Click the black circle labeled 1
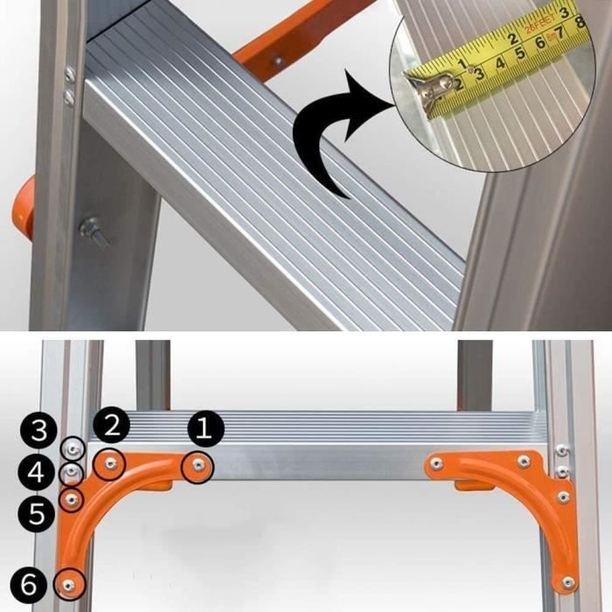click(x=206, y=428)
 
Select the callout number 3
click(x=37, y=430)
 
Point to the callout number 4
click(x=37, y=474)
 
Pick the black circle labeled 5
click(x=37, y=513)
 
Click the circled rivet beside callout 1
click(x=198, y=465)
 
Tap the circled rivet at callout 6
click(x=68, y=581)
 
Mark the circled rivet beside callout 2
click(x=110, y=463)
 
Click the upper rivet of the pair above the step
click(x=69, y=73)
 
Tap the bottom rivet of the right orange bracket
click(x=569, y=580)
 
